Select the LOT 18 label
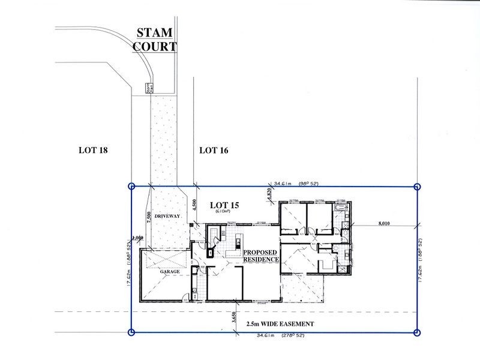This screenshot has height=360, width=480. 93,150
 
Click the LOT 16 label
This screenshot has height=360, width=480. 213,150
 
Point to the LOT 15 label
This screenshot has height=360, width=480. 225,206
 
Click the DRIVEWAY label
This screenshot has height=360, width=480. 167,214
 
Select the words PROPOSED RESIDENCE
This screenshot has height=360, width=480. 261,256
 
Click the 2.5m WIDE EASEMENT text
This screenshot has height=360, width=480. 281,323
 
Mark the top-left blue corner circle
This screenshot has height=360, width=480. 132,187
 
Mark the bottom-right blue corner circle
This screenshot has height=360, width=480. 418,332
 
